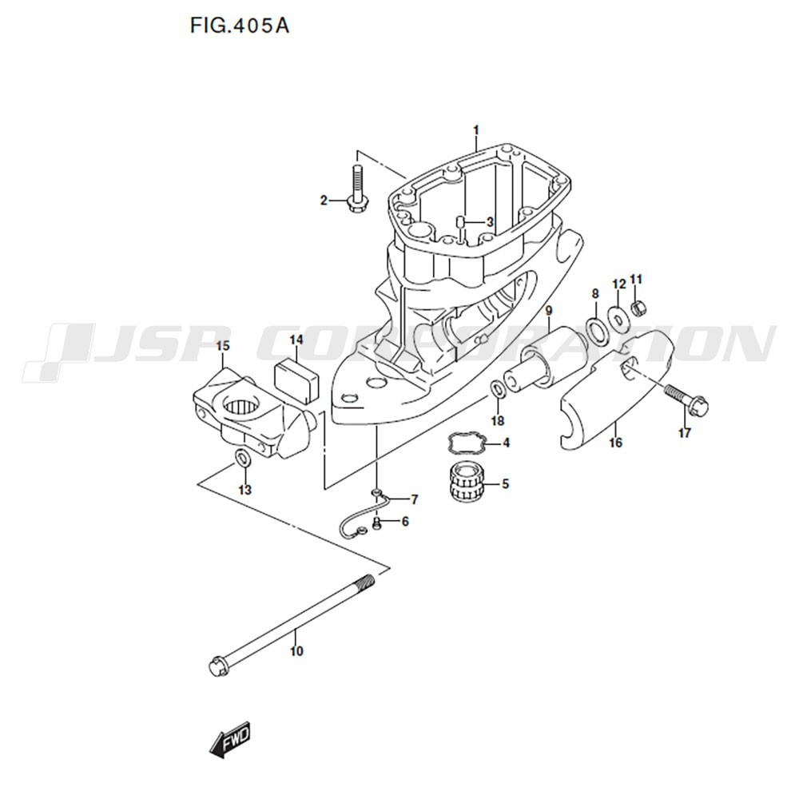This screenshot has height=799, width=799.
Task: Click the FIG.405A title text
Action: coord(240,25)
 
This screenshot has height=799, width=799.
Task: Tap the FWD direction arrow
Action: coord(230,739)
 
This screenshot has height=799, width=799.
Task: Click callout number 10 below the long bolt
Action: coord(296,650)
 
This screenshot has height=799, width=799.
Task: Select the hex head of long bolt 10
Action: coord(217,666)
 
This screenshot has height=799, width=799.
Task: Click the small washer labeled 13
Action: coord(243,458)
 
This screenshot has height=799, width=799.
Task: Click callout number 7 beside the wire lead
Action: coord(414,500)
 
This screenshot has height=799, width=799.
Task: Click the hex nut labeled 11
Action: coord(637,308)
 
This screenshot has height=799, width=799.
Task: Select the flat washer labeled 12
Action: coord(618,317)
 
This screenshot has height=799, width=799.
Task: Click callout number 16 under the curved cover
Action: coord(615,442)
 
